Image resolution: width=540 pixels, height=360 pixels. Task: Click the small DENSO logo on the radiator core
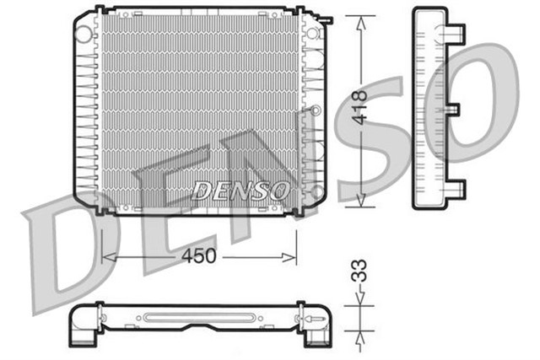click(x=240, y=191)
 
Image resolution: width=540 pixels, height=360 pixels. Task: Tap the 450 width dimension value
click(x=199, y=255)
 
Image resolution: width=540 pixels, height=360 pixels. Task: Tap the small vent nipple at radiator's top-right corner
click(x=323, y=17)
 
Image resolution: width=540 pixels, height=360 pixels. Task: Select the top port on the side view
click(x=456, y=35)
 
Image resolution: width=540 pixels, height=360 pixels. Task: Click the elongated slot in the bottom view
click(x=198, y=318)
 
